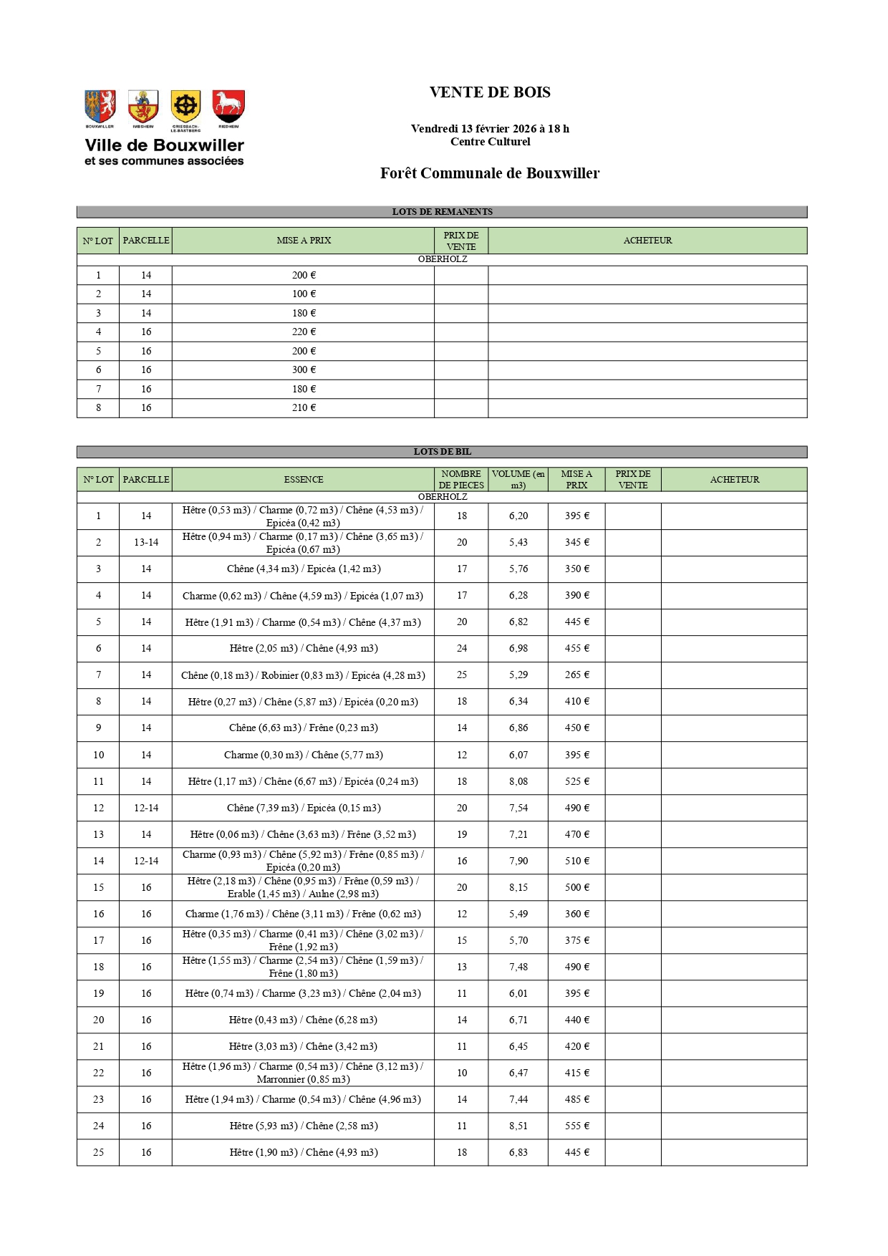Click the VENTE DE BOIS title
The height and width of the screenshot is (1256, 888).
[490, 92]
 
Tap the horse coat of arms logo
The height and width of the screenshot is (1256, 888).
[228, 106]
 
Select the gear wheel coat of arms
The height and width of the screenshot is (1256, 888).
[185, 107]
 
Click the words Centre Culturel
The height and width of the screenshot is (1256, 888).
[490, 142]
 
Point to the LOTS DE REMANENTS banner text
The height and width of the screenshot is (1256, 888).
[442, 212]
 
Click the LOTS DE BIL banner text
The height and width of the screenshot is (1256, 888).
[442, 452]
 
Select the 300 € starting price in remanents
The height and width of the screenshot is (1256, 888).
[304, 370]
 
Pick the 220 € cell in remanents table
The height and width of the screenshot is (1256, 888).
[304, 332]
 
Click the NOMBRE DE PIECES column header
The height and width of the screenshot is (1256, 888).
[461, 480]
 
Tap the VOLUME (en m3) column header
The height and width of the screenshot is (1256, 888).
[518, 480]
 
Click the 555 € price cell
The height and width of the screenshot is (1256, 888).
[576, 1126]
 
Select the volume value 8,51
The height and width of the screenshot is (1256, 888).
[518, 1126]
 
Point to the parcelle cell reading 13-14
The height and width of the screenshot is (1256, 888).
[146, 543]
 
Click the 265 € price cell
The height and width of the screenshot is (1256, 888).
[576, 675]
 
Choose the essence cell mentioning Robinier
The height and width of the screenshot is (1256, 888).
[303, 675]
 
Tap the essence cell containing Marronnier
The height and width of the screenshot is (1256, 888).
[303, 1073]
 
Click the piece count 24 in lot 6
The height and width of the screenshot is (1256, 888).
[462, 649]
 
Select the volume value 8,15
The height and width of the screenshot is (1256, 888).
[518, 888]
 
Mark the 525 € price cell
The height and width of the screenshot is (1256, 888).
[576, 782]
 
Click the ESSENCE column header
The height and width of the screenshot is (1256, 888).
[303, 480]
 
